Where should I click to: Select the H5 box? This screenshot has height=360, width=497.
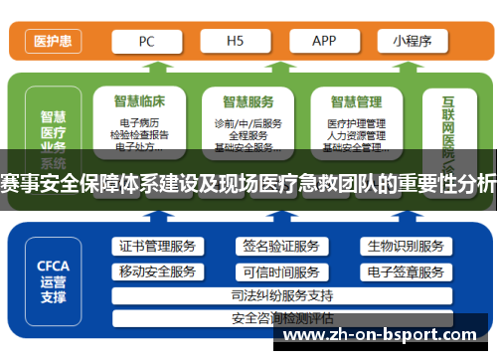(x=236, y=41)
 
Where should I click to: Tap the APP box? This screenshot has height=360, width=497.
(x=324, y=41)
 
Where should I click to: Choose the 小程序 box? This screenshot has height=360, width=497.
(x=411, y=41)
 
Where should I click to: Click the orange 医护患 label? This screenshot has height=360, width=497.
(x=53, y=42)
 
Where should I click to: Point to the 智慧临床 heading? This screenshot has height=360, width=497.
(x=138, y=100)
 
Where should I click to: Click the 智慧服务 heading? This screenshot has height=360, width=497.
(x=248, y=100)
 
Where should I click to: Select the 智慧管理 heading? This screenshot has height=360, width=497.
(x=356, y=100)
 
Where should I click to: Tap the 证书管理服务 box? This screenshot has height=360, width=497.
(x=157, y=247)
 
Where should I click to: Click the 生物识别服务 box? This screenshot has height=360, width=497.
(x=405, y=247)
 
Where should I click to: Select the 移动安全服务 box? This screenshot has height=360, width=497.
(x=157, y=271)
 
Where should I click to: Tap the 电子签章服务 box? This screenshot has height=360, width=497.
(x=405, y=271)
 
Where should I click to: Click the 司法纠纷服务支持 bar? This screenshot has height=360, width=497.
(x=281, y=295)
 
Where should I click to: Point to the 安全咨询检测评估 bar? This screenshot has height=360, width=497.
(x=281, y=318)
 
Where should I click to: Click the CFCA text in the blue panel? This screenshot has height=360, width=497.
(x=53, y=267)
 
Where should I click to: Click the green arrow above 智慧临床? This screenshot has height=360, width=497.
(x=149, y=70)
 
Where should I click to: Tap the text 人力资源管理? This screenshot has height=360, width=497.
(x=356, y=135)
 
